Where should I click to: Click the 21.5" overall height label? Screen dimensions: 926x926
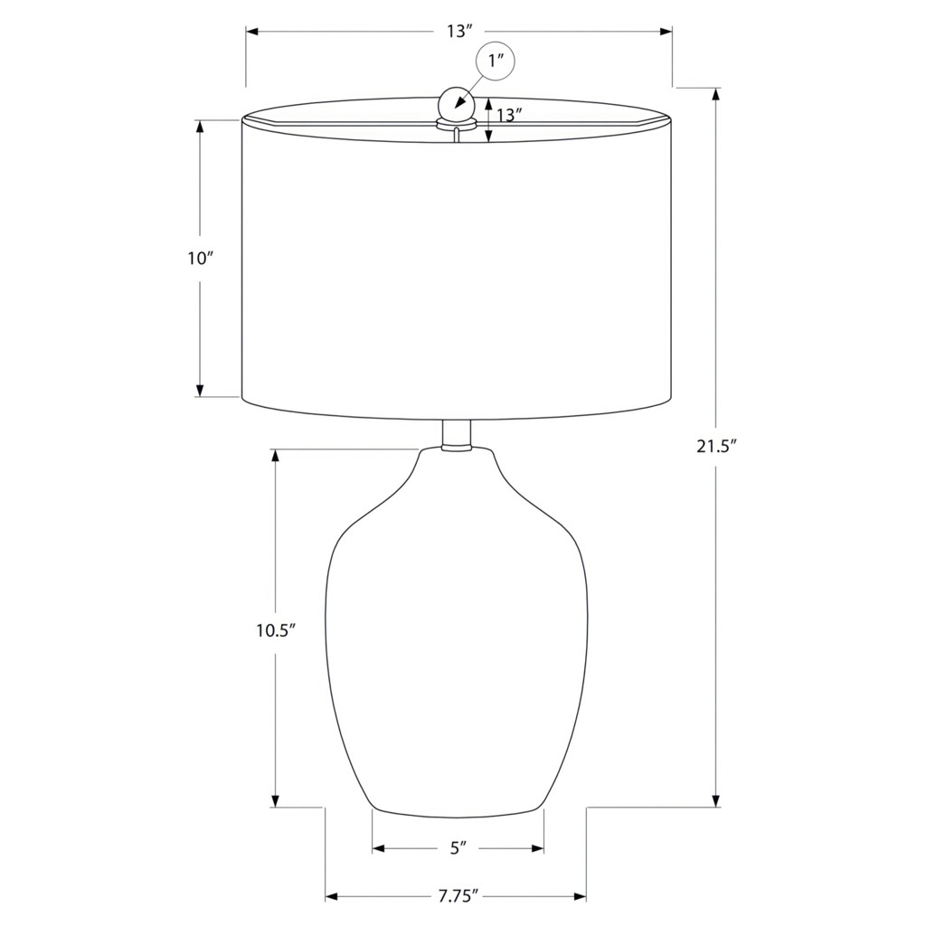click(x=718, y=447)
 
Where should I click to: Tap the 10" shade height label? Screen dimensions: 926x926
click(x=200, y=258)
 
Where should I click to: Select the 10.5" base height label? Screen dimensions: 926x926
click(x=275, y=630)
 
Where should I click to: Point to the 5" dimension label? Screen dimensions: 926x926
click(x=458, y=848)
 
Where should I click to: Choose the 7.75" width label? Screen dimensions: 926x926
click(x=458, y=896)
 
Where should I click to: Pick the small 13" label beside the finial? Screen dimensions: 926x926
click(x=509, y=115)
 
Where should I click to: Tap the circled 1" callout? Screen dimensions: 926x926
click(x=496, y=61)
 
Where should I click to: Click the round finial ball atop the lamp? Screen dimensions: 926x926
click(x=457, y=104)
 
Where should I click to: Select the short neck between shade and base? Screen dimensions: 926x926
click(x=457, y=434)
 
